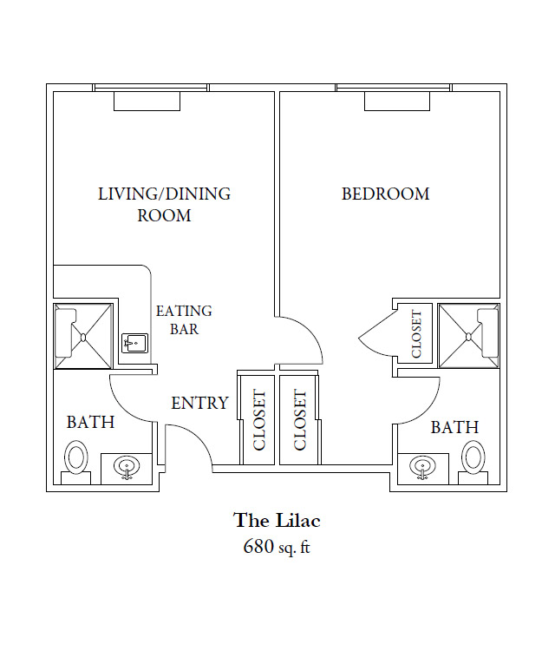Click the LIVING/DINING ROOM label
[x=164, y=204]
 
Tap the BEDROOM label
[x=385, y=194]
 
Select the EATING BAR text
[x=183, y=319]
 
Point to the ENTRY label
[x=199, y=403]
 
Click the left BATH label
[x=90, y=423]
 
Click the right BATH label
[x=454, y=427]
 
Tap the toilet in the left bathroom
[x=77, y=457]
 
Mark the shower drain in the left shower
[x=83, y=336]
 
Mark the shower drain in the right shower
[x=468, y=336]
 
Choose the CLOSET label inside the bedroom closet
[x=416, y=334]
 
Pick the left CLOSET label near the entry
[x=258, y=420]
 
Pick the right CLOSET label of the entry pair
[x=300, y=420]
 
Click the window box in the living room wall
[x=147, y=101]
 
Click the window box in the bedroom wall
[x=396, y=101]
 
